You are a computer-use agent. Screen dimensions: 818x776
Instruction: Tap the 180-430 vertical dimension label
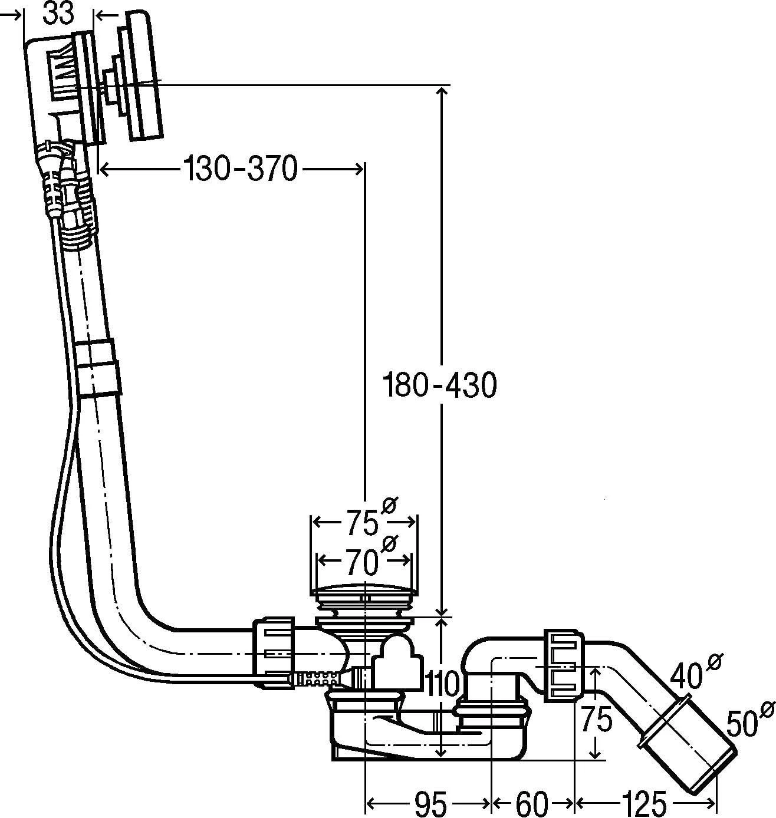pos(440,385)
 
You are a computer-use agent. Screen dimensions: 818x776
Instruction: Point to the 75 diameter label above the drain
pos(361,522)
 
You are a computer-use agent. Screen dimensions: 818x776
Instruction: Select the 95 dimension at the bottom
pos(430,803)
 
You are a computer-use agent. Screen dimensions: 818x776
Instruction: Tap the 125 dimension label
pos(644,803)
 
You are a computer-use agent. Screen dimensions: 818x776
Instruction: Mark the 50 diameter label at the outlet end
pos(742,723)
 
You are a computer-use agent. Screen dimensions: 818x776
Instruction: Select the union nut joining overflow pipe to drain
pos(274,652)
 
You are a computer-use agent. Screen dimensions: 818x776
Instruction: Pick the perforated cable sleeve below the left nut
pos(317,679)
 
